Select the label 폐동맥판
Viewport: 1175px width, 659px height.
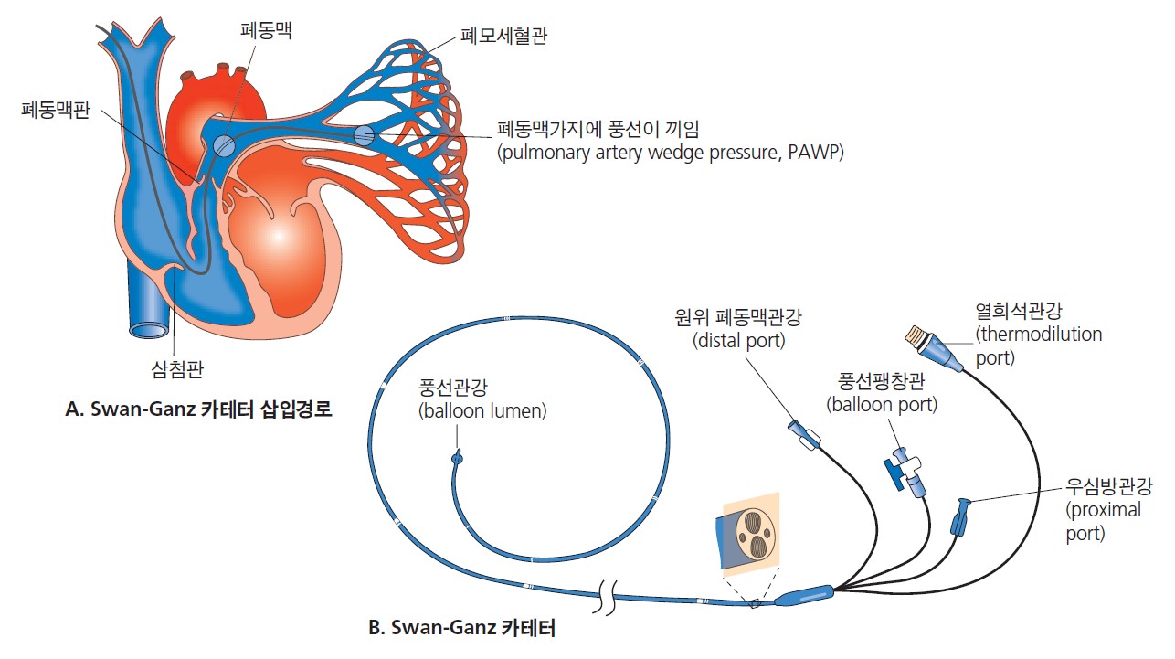(56, 113)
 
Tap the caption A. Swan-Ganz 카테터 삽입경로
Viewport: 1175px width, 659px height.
(198, 410)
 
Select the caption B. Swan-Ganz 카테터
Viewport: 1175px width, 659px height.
(460, 628)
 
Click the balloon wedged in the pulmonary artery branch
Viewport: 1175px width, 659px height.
(364, 135)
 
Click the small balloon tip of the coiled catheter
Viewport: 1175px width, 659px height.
(458, 454)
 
